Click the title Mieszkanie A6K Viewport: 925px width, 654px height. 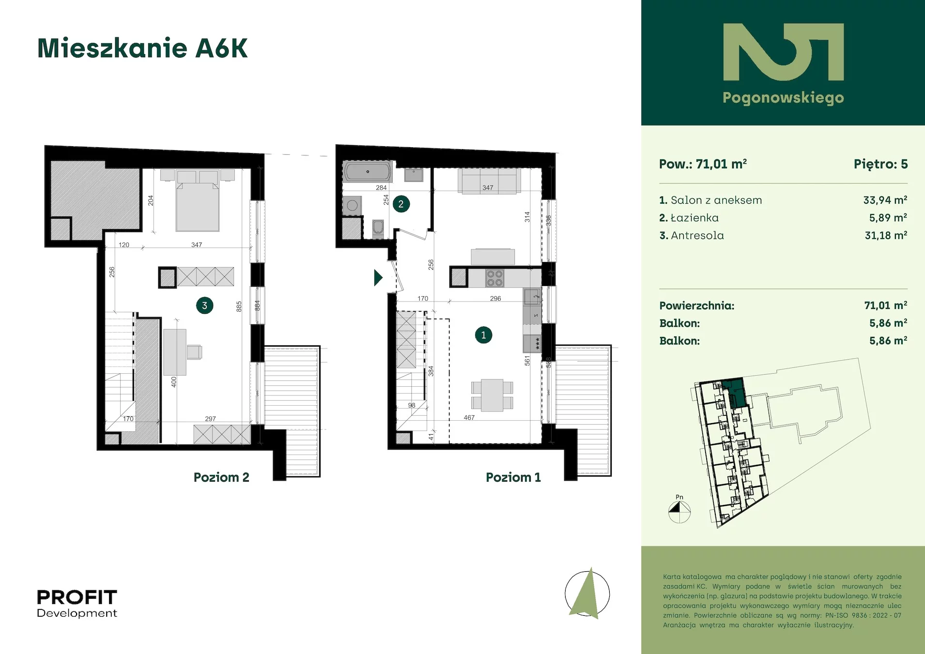pos(142,48)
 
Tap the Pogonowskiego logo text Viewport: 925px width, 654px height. pos(783,98)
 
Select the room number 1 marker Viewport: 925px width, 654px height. pos(483,335)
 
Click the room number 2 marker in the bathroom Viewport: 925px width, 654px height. pos(401,204)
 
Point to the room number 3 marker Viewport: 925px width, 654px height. pos(204,305)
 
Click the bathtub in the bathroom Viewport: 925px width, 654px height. pos(368,172)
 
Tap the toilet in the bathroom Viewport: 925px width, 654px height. pos(378,228)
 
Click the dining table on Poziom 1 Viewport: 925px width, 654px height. pos(492,395)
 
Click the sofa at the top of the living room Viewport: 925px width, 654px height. pos(488,181)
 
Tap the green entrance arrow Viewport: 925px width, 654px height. pos(378,277)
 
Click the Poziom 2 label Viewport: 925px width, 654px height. pos(221,477)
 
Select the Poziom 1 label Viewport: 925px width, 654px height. pos(513,477)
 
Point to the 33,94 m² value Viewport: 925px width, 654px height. pos(885,200)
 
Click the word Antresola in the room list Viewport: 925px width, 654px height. pos(697,235)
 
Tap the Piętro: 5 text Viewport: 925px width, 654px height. pos(880,164)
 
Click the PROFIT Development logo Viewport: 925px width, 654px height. pos(77,604)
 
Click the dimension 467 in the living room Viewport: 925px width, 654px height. pos(469,417)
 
